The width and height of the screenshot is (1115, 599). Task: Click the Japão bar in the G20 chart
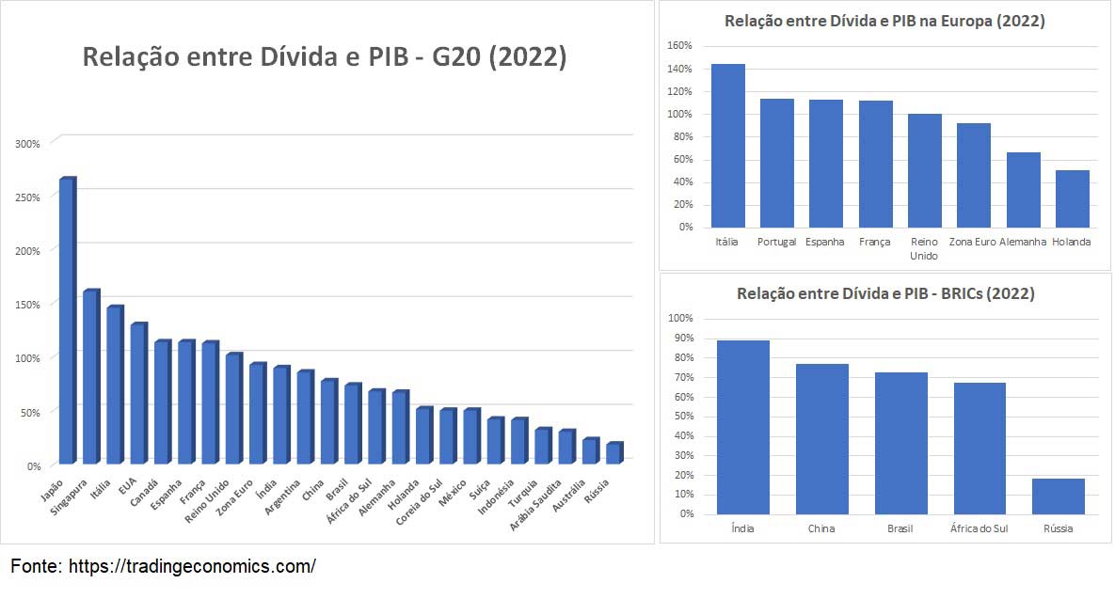point(67,320)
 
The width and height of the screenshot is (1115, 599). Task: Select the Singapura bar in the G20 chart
point(90,376)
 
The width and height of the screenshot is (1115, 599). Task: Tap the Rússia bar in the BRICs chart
point(1058,497)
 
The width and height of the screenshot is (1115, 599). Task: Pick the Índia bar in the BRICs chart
point(742,427)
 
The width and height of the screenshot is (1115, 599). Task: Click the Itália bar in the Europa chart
point(728,146)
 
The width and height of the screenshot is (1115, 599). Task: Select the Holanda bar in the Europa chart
point(1072,198)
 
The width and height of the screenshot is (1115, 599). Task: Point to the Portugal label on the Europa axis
point(777,242)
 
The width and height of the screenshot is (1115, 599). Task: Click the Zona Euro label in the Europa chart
point(973,242)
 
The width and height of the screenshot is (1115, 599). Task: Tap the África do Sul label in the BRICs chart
point(979,528)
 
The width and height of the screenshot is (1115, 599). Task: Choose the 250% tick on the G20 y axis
point(27,197)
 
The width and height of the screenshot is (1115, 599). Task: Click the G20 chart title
point(325,57)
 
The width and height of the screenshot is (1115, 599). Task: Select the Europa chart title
point(884,21)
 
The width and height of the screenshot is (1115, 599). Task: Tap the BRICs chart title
point(885,293)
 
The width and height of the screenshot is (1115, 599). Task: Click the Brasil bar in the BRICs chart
point(900,443)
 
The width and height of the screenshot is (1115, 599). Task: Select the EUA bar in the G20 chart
point(137,393)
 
